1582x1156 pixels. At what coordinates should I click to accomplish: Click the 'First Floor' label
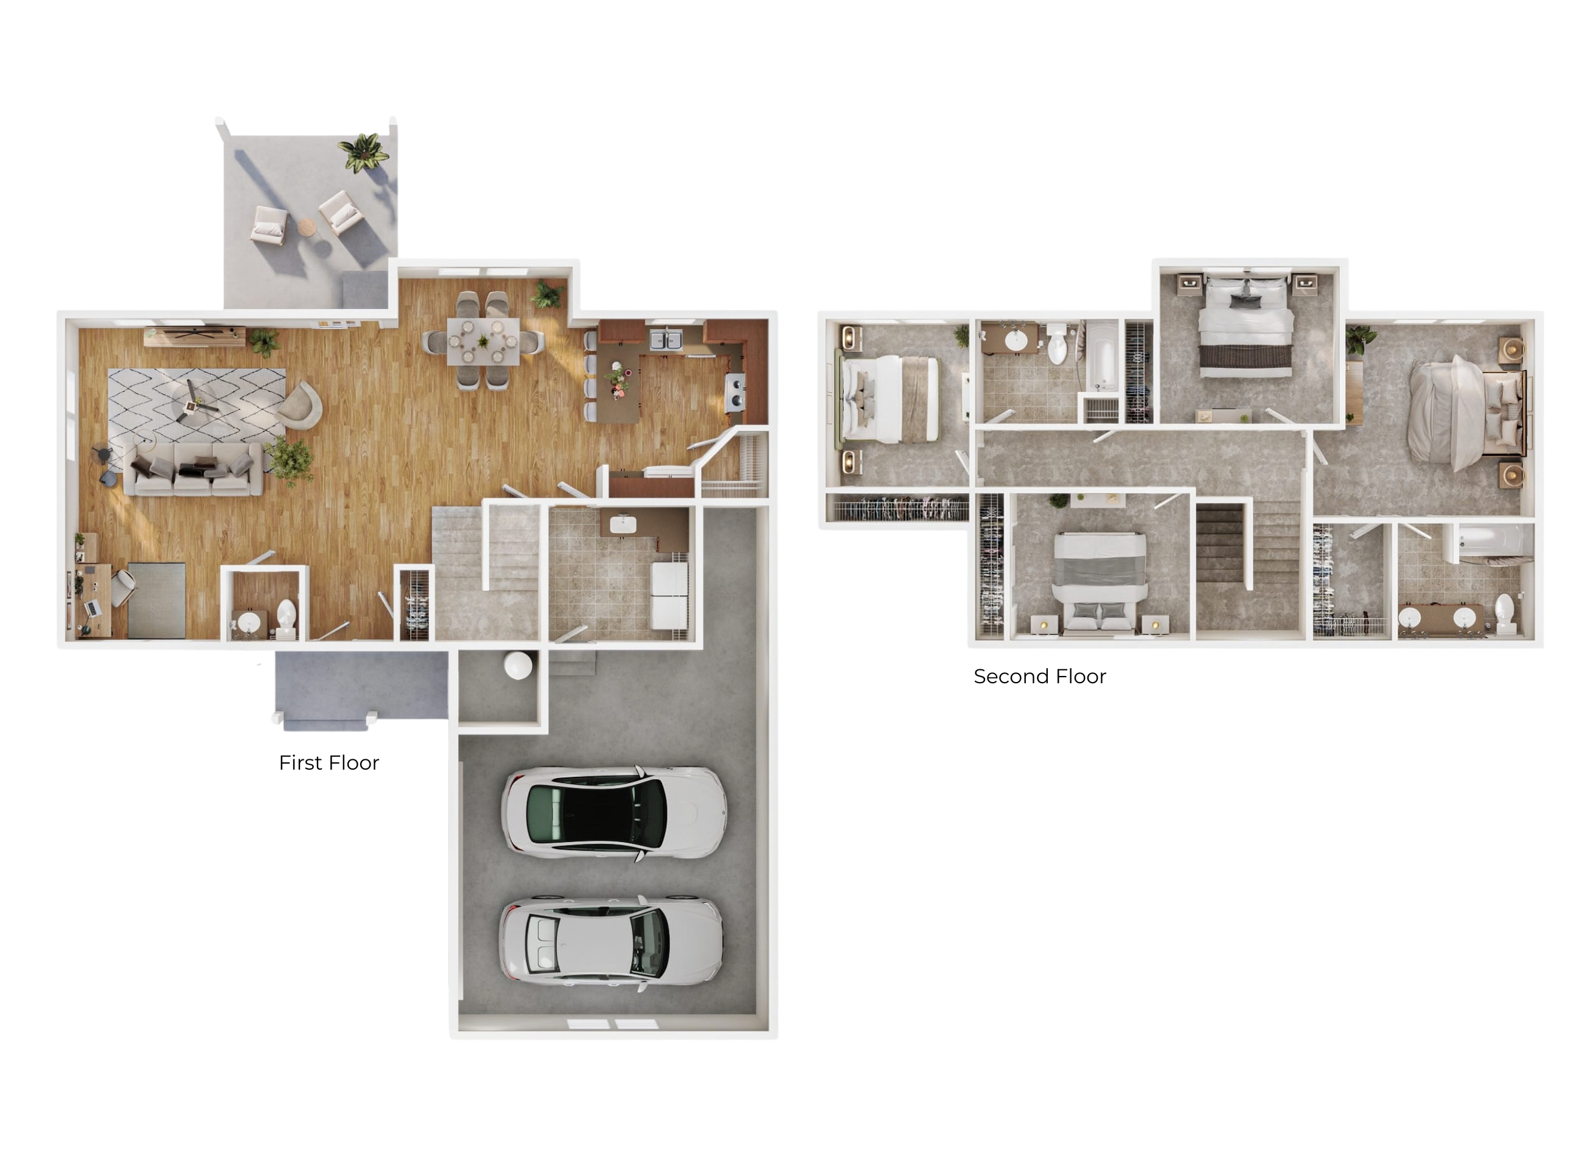coord(329,763)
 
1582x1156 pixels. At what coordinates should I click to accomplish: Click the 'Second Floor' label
coord(1040,677)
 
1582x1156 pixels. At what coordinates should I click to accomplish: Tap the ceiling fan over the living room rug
coord(194,404)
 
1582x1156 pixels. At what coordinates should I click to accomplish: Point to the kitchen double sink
coord(666,340)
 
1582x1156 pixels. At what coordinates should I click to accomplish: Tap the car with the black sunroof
coord(613,813)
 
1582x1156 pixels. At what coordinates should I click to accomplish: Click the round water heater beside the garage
coord(518,666)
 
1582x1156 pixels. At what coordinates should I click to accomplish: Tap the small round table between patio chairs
coord(307,227)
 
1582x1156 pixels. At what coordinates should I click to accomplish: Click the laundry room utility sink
coord(622,523)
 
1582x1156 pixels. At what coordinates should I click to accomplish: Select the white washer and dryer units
coord(669,596)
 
